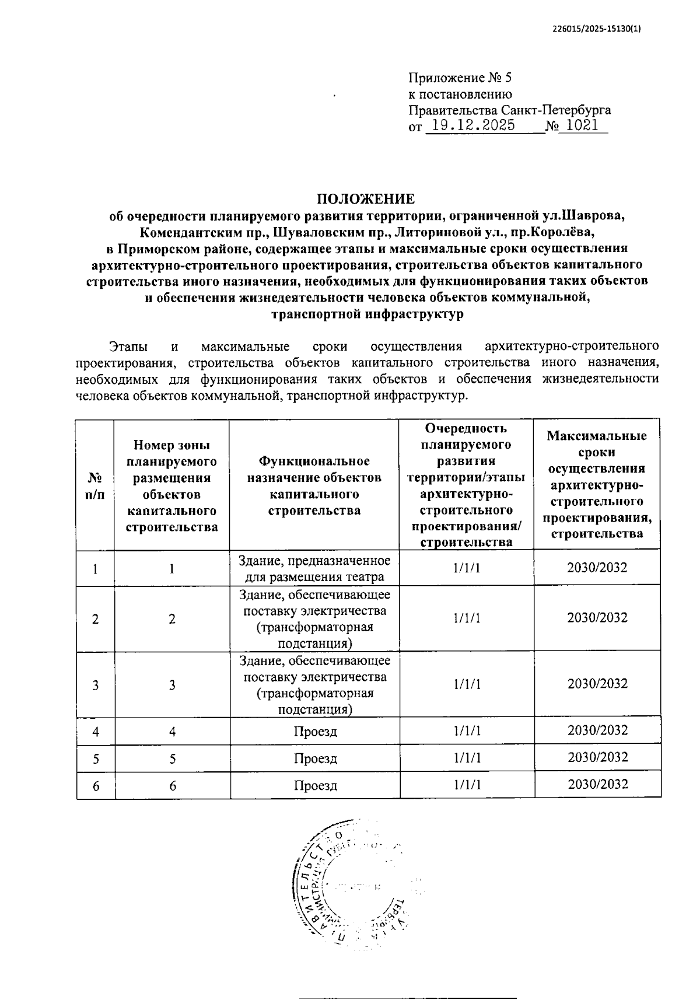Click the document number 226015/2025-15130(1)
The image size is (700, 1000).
tap(596, 30)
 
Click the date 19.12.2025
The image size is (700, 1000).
tap(470, 125)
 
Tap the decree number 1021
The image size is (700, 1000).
tap(582, 125)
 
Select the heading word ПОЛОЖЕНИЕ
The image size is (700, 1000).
tap(366, 198)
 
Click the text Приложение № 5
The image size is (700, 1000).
tap(460, 78)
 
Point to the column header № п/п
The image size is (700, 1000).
tap(95, 485)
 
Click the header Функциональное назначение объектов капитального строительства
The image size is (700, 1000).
tap(314, 485)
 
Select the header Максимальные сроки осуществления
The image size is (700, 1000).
tap(597, 452)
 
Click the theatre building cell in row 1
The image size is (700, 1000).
tap(314, 568)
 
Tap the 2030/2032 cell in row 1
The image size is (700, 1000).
tap(597, 567)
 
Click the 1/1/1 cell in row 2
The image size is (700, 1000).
tap(467, 618)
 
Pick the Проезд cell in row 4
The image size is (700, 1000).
tap(315, 731)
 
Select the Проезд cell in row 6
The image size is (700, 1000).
tap(315, 785)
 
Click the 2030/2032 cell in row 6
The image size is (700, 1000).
tap(597, 784)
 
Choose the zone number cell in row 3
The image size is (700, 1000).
tap(172, 685)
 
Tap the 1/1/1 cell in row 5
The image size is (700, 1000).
tap(467, 757)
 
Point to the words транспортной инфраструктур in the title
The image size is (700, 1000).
tap(367, 314)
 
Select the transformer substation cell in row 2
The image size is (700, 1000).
tap(314, 619)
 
